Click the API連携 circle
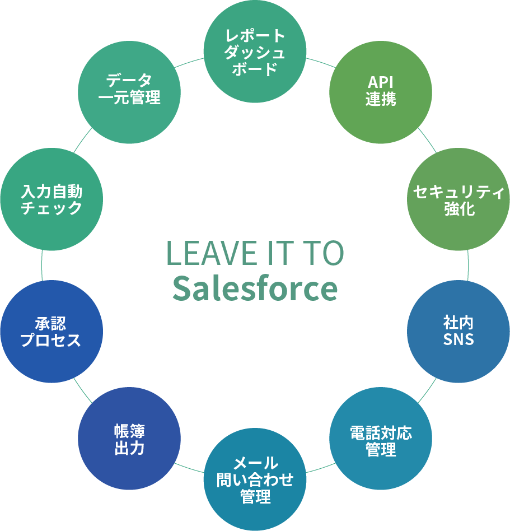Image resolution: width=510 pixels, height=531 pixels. pos(381,92)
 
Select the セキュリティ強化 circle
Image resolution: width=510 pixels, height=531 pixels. pos(458,200)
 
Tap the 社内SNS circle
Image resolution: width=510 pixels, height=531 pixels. pos(458,331)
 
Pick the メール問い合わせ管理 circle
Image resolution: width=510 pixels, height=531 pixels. pos(255,479)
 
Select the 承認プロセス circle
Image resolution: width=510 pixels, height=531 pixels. pos(52,331)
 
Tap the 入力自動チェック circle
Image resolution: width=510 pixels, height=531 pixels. pos(52,200)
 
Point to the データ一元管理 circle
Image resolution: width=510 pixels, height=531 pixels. pos(129,92)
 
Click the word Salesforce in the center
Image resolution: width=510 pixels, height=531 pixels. pos(255,288)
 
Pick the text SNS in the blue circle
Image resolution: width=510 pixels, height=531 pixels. pos(458,339)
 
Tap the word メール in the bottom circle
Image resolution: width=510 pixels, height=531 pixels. pos(255,463)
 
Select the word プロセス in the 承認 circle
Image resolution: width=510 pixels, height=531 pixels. pos(51,339)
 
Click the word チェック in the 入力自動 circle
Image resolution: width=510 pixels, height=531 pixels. pos(52,208)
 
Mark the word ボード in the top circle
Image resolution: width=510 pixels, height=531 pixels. pos(255,69)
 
